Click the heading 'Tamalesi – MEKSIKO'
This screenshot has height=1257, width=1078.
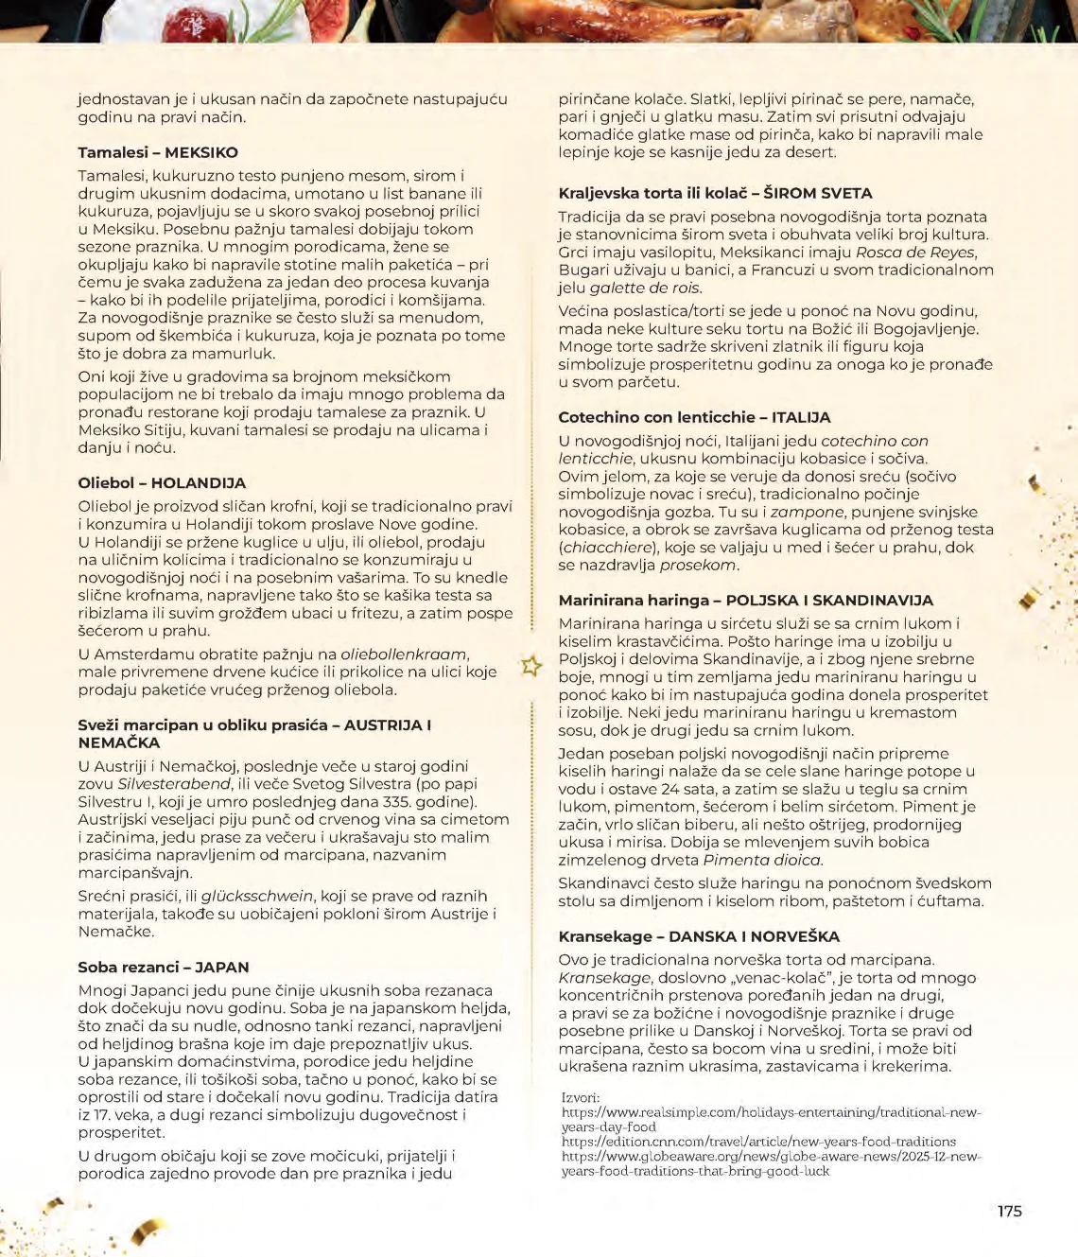click(x=158, y=152)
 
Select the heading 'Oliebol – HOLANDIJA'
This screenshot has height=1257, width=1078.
click(x=162, y=482)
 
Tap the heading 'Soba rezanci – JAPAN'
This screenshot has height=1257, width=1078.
click(x=164, y=967)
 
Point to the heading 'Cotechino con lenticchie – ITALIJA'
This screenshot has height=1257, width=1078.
click(x=694, y=417)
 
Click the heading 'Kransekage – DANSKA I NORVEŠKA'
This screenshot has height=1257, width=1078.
click(x=699, y=936)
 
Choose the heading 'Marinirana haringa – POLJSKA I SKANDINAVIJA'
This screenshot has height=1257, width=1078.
click(x=745, y=600)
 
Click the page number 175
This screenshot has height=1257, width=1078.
click(x=1009, y=1211)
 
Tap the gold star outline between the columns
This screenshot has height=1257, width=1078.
click(x=531, y=666)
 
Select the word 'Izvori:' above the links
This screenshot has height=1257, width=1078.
click(x=580, y=1097)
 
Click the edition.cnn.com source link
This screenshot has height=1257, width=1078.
click(x=758, y=1142)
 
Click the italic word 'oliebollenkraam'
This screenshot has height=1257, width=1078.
click(x=404, y=654)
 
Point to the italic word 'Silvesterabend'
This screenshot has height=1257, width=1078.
click(x=174, y=784)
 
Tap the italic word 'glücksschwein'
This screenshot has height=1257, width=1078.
click(x=256, y=896)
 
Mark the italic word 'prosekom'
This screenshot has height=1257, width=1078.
click(x=698, y=565)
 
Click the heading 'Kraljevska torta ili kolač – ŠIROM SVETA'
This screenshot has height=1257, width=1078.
click(x=715, y=193)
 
